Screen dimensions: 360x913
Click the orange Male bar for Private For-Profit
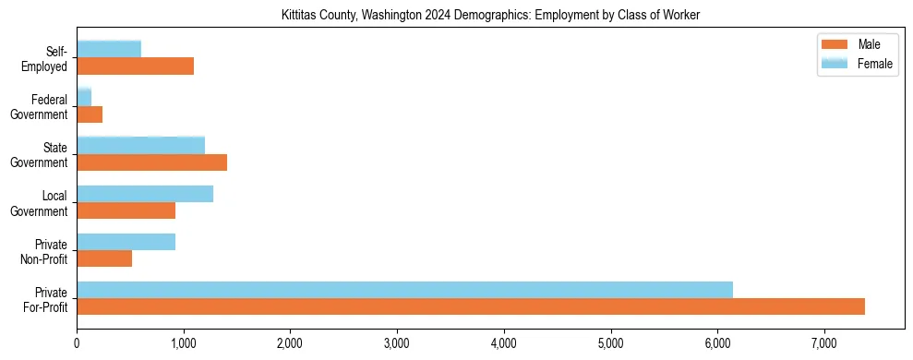(x=471, y=306)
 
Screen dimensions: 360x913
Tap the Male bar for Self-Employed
(x=135, y=66)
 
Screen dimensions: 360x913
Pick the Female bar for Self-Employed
(x=109, y=49)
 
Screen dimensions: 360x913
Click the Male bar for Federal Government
(x=90, y=114)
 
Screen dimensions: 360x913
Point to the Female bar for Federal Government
(x=84, y=97)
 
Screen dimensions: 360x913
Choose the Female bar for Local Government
(x=145, y=194)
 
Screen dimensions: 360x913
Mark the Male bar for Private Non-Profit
(x=104, y=258)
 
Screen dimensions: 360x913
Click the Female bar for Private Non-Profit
(x=126, y=242)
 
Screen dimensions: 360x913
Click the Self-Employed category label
(x=49, y=58)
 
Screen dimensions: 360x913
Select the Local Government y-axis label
(x=42, y=203)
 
